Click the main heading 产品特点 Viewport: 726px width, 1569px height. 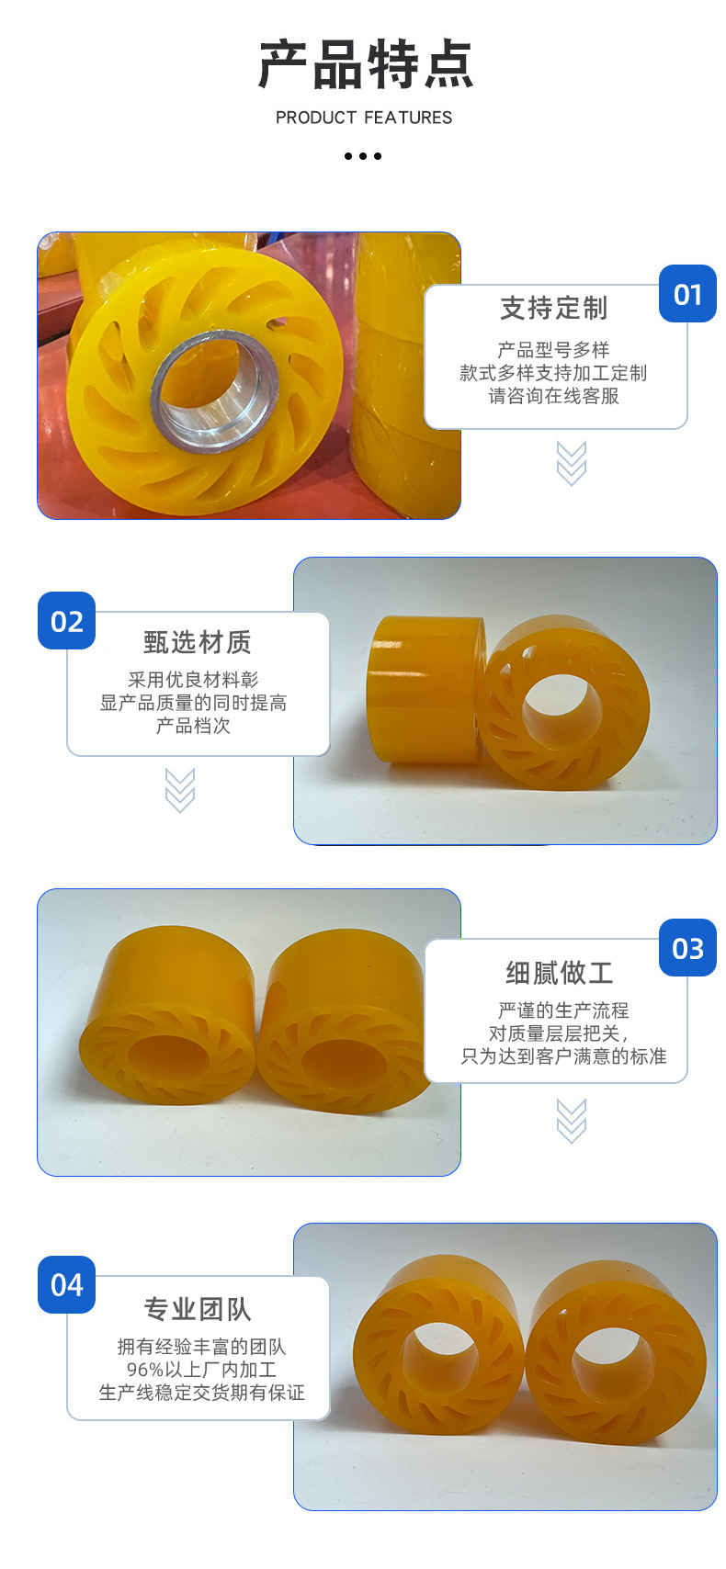click(x=365, y=65)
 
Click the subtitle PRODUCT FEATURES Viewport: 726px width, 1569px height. click(x=364, y=118)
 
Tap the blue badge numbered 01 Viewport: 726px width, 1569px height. click(x=687, y=295)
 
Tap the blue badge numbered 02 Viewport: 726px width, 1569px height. click(x=67, y=622)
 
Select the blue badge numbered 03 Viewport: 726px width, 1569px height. click(x=687, y=949)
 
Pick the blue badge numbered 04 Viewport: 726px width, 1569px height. click(x=67, y=1284)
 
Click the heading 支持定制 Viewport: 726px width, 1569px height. click(x=554, y=309)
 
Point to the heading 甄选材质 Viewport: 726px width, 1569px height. click(x=198, y=642)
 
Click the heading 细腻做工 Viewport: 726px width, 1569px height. click(x=559, y=973)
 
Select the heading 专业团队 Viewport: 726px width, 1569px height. click(x=198, y=1309)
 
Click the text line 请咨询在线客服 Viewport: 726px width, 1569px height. click(x=554, y=396)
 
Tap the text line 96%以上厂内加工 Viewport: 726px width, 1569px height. click(x=201, y=1370)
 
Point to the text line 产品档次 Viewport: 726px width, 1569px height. click(x=193, y=726)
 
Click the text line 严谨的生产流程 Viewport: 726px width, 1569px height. click(x=563, y=1010)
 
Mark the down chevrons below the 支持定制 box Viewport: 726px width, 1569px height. click(x=572, y=463)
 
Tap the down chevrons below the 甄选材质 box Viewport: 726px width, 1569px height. click(x=180, y=791)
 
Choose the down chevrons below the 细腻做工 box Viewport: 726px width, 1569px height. click(x=572, y=1121)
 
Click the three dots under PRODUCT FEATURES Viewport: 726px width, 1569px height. click(x=363, y=156)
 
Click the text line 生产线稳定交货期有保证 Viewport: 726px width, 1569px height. click(x=201, y=1393)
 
